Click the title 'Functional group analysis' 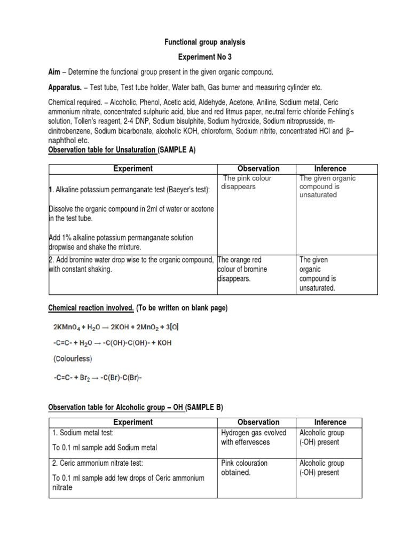(x=205, y=42)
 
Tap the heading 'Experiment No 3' (x=205, y=57)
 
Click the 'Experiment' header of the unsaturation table (x=133, y=169)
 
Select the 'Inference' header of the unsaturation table (x=330, y=169)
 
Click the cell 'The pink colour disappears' (x=247, y=183)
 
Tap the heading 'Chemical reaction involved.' (x=91, y=308)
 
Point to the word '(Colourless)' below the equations (x=73, y=358)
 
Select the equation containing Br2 (x=98, y=377)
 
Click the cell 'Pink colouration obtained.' (x=245, y=468)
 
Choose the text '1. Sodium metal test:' (x=83, y=433)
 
